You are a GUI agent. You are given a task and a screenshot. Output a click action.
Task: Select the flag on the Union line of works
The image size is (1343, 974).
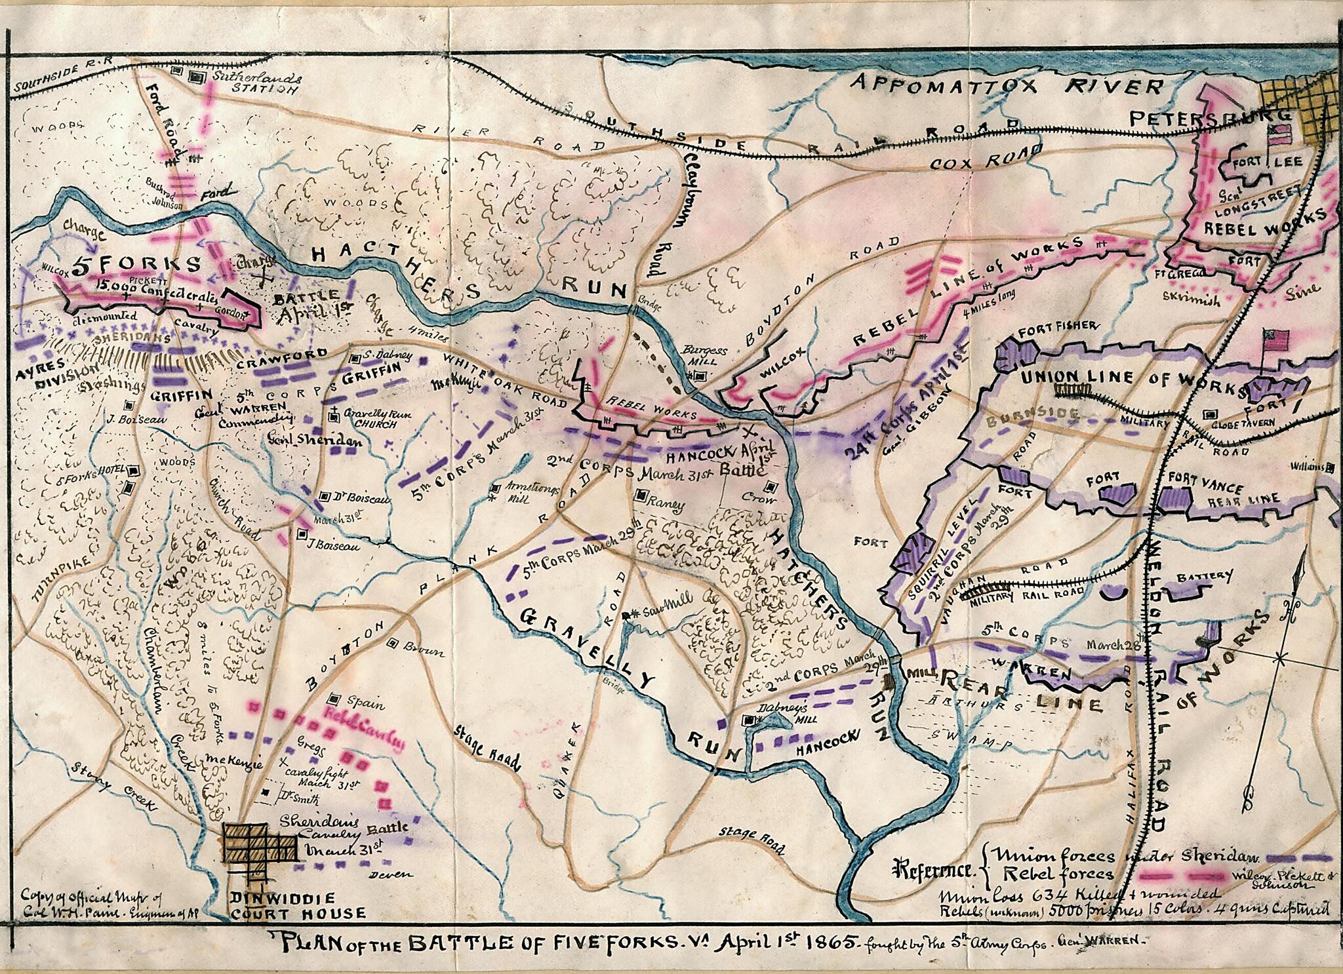[x=1275, y=340]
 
